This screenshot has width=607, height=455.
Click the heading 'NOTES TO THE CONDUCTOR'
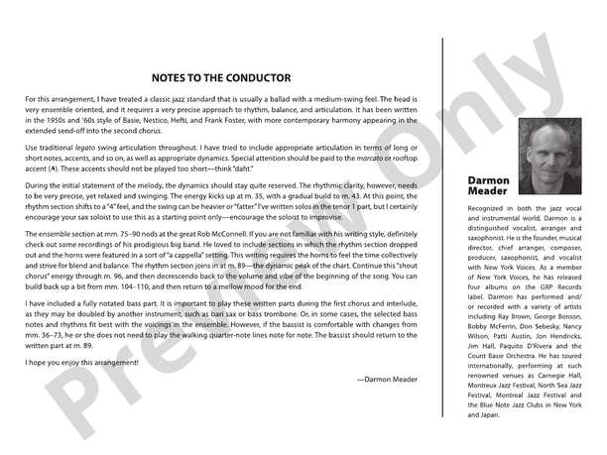click(x=221, y=77)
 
